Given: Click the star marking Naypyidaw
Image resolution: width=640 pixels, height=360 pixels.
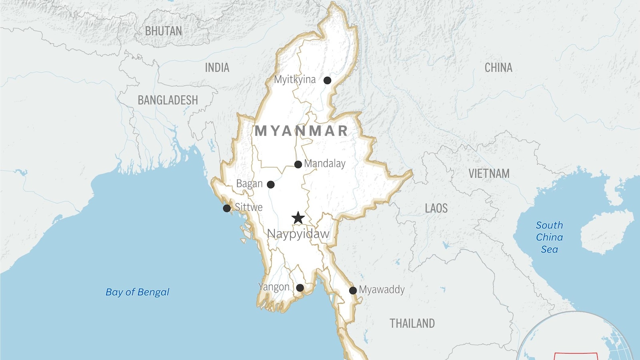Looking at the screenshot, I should point(298,218).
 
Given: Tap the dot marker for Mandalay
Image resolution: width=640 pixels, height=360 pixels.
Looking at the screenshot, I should point(298,164).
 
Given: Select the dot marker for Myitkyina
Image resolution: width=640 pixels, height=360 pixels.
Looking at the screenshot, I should point(327,80).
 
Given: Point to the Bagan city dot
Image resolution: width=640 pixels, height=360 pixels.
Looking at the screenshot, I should point(271,184).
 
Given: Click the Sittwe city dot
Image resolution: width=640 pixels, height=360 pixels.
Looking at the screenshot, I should point(227,208).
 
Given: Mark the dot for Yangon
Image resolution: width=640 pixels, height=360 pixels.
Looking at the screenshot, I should point(300,288).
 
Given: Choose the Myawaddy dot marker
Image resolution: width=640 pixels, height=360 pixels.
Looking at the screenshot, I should point(353,290).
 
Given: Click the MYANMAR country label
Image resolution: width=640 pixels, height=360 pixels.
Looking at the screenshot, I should point(302,131).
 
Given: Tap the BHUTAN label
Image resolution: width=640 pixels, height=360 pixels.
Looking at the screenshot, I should point(163,31).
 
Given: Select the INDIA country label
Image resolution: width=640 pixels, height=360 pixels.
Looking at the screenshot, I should point(217,68).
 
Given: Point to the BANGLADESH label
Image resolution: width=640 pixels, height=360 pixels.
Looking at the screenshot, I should point(168,100).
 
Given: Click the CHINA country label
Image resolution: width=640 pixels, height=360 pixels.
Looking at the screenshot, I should point(498,68).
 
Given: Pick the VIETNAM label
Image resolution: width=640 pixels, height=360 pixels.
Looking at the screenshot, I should point(489,174).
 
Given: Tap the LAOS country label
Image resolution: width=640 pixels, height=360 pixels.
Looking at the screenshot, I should point(436,208).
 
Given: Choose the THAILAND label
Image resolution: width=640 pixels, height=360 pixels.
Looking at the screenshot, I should point(412,323).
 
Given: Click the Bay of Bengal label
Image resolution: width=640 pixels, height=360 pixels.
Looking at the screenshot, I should point(137,292).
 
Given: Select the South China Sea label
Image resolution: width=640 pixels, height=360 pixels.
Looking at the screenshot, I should point(549,237).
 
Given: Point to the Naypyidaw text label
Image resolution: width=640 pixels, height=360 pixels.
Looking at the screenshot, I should point(298,234).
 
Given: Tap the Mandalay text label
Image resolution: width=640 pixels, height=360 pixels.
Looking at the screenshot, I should point(324,164).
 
